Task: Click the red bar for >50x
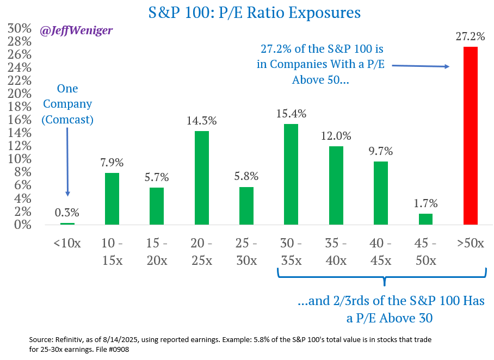pos(470,135)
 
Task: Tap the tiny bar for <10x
pos(67,224)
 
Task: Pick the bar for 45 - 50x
pos(425,219)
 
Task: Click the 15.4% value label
pos(291,114)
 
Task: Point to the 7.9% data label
pos(112,163)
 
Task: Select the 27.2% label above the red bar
pos(470,36)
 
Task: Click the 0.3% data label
pos(67,213)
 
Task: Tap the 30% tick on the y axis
pos(19,28)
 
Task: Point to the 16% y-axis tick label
pos(19,120)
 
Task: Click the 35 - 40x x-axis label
pos(336,251)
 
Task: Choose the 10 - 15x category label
pos(112,251)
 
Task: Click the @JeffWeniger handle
pos(76,30)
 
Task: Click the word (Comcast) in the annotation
pos(67,119)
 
